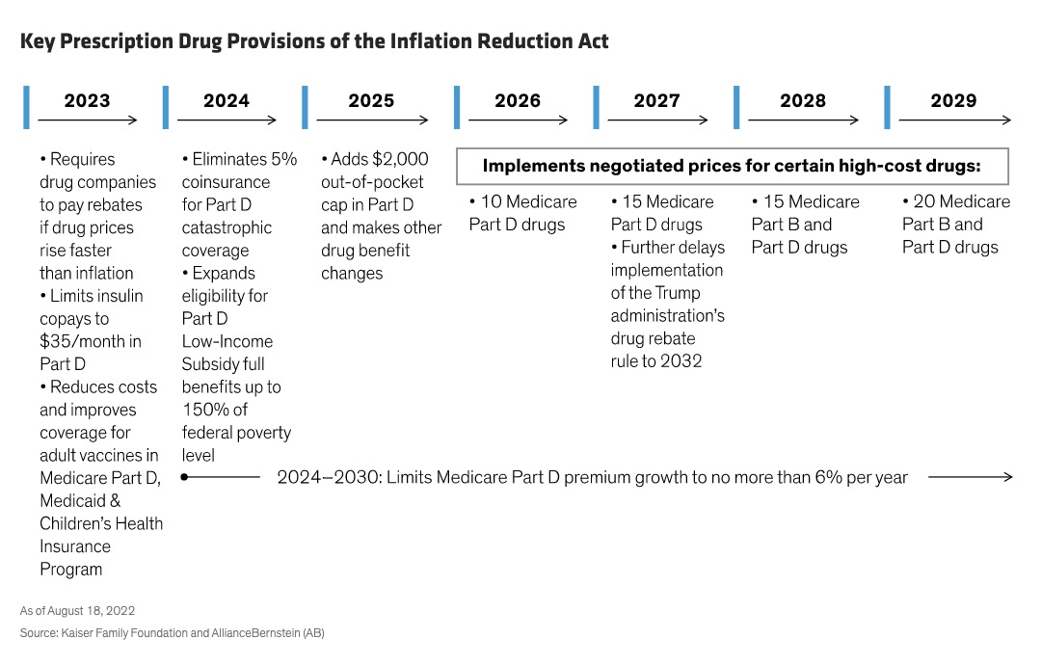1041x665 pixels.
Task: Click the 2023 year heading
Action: (x=87, y=100)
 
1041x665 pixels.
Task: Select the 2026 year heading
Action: (x=518, y=100)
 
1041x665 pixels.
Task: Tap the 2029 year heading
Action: (x=952, y=100)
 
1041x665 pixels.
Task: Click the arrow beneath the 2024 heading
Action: (x=227, y=120)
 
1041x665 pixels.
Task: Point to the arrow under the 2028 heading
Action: (x=803, y=120)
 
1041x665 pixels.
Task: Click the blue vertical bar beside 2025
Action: (x=306, y=107)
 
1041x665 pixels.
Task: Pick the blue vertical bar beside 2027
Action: (x=596, y=107)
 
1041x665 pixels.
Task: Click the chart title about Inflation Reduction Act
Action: (x=314, y=41)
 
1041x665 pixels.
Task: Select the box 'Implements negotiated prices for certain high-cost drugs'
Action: (x=732, y=166)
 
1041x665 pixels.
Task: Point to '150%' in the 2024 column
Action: (x=204, y=410)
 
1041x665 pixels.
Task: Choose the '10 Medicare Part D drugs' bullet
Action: (x=522, y=213)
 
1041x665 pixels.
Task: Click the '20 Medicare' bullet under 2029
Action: (x=956, y=201)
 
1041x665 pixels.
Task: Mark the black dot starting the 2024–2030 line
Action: (x=184, y=476)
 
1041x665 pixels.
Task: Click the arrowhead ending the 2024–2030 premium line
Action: (x=1007, y=476)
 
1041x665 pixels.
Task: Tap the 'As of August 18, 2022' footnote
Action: (x=77, y=611)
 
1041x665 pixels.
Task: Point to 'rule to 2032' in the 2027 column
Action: (x=655, y=361)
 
